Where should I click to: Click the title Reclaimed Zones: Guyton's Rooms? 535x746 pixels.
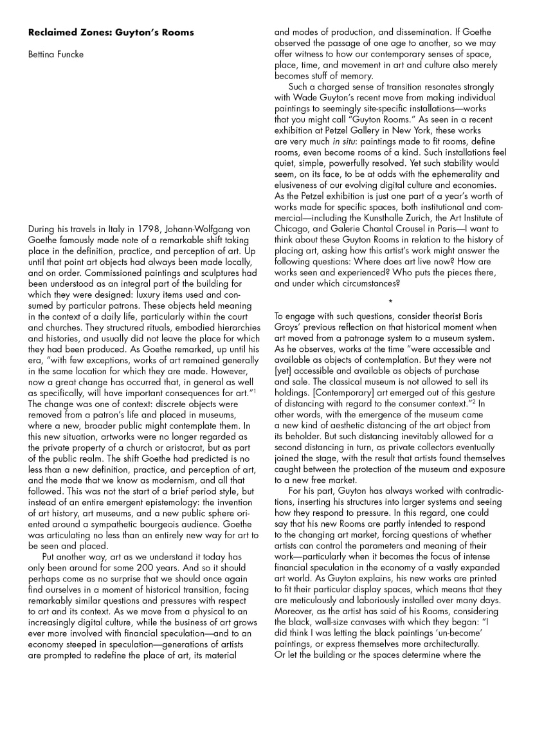(111, 32)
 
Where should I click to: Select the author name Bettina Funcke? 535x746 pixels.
(56, 54)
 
